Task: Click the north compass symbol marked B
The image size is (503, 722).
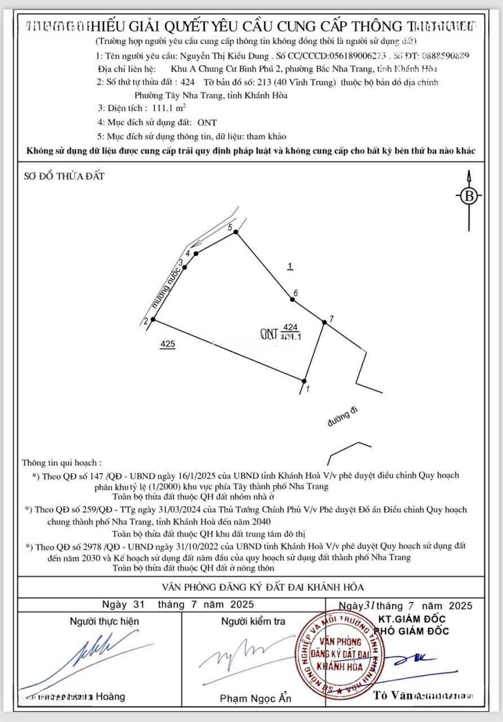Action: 469,196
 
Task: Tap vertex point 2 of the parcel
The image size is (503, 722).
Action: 154,320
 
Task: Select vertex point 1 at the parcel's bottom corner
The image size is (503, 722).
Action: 305,381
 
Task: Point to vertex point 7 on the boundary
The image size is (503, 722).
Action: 325,322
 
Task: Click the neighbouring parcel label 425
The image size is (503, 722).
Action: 168,344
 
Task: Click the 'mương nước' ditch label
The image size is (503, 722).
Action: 166,285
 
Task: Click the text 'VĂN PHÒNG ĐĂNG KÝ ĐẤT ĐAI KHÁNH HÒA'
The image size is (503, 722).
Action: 263,586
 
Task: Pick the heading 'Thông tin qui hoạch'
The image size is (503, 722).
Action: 62,462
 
